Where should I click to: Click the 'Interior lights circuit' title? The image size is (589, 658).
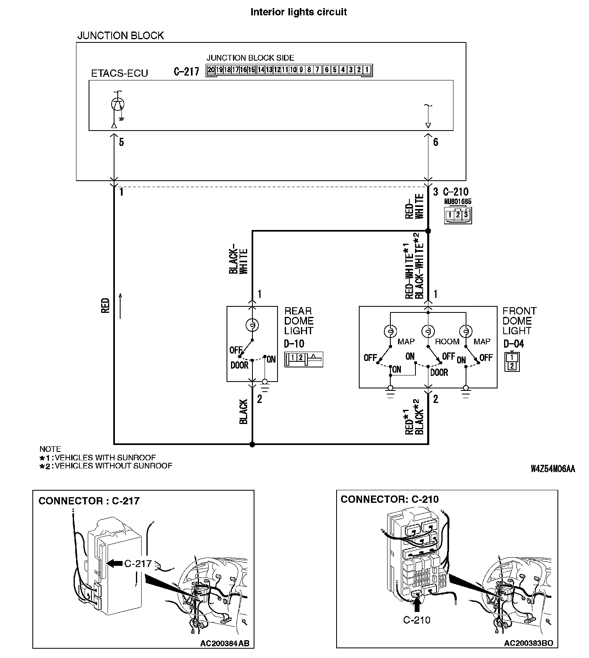pos(299,12)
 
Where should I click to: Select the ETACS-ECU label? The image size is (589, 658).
pos(120,73)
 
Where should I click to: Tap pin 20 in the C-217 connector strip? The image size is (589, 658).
pos(211,70)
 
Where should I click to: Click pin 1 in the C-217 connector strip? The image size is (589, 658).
pos(367,70)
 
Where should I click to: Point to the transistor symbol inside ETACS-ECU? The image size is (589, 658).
pos(118,104)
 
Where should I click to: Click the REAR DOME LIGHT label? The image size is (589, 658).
pos(299,321)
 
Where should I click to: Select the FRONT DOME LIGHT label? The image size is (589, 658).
pos(519,321)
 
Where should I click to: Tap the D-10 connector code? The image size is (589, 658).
pos(294,344)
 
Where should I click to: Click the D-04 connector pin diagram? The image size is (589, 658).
pos(512,362)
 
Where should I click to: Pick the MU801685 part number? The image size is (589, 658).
pos(458,201)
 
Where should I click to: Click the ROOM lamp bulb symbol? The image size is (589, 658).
pos(428,331)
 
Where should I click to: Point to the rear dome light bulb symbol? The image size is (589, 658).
pos(252,325)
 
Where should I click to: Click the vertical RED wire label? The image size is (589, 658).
pos(106,306)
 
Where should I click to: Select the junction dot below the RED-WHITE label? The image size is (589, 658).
pos(428,231)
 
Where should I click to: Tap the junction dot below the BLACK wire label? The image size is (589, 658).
pos(252,444)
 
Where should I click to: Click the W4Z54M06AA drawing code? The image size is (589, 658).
pos(553,469)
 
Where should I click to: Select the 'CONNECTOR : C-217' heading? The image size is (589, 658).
pos(89,501)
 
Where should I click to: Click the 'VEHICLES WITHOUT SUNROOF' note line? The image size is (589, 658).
pos(106,466)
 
